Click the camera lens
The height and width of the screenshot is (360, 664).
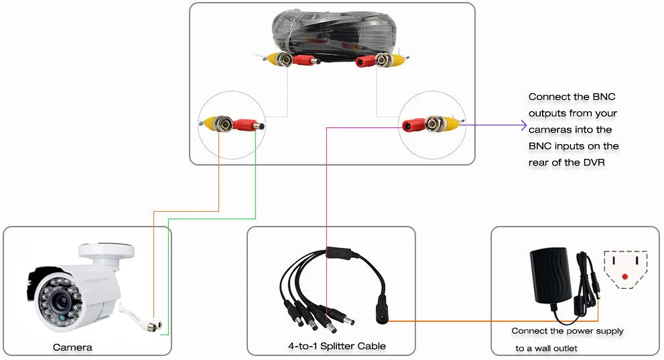pos(60,302)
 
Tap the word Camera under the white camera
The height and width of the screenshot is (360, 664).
pos(72,348)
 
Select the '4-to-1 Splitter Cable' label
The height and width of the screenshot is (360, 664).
pos(337,346)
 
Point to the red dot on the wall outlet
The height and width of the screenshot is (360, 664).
pos(625,277)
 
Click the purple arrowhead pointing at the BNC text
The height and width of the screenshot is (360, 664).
pos(523,125)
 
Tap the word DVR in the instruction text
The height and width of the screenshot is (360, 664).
pos(594,163)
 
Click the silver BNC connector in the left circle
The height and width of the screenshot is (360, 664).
pos(222,123)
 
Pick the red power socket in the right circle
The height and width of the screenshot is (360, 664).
pos(413,125)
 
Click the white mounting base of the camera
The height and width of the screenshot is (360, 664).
pos(107,254)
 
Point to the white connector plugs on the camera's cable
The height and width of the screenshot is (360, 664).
pos(153,326)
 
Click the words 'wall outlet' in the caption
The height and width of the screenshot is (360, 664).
pos(556,349)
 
